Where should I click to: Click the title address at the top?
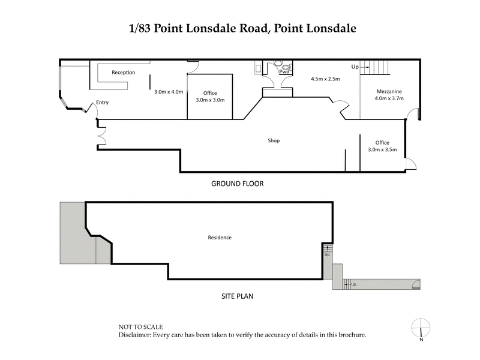coord(239,29)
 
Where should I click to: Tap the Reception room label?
coord(123,73)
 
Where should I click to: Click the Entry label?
coord(101,103)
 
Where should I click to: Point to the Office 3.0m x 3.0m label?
coord(210,96)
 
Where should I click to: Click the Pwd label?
coord(284,72)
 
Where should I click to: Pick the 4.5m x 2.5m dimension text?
coord(325,79)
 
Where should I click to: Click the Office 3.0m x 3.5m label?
coord(383,146)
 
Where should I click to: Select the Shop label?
coord(274,141)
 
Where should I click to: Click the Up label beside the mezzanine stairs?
coord(355,67)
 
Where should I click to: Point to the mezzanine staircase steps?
coord(379,66)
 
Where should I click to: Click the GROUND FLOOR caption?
coord(237,184)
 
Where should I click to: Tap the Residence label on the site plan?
coord(220,238)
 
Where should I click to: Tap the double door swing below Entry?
coord(101,136)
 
